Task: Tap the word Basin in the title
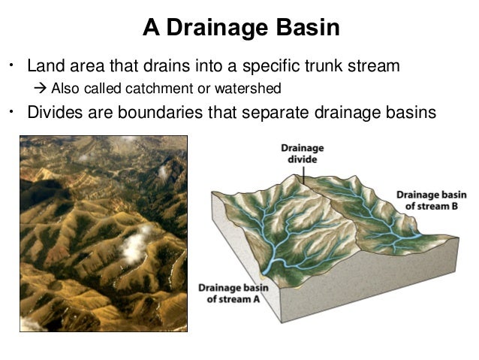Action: point(306,29)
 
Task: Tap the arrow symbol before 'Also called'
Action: point(42,89)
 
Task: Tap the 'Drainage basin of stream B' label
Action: point(426,199)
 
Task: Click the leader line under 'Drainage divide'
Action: point(302,174)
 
